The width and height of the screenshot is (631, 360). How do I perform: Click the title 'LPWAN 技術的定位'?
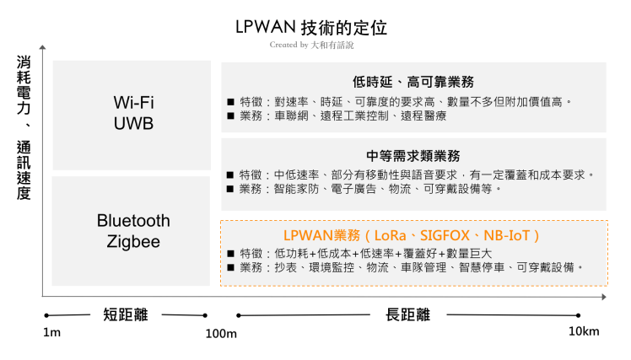click(311, 27)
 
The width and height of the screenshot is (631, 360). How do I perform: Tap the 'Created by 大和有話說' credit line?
click(311, 45)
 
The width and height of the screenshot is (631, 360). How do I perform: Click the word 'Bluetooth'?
click(133, 221)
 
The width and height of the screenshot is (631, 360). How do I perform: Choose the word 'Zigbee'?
click(133, 241)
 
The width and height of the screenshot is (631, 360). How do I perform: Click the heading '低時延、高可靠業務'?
click(413, 82)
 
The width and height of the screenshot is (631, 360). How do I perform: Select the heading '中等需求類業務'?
click(413, 156)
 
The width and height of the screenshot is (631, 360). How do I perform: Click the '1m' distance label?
click(51, 332)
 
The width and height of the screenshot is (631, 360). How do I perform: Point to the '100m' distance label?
click(221, 334)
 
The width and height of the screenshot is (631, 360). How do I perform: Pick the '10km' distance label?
click(583, 331)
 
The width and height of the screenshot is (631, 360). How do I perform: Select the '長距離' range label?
click(407, 314)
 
